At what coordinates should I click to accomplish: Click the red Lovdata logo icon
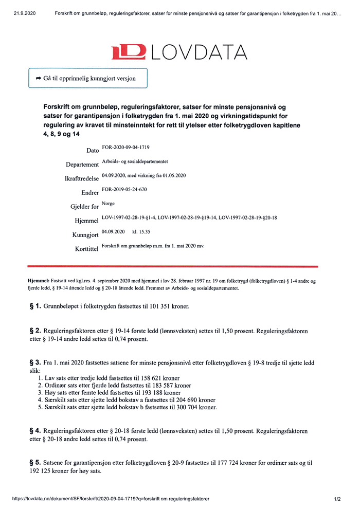pyautogui.click(x=130, y=51)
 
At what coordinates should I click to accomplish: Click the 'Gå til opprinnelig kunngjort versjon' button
pyautogui.click(x=88, y=78)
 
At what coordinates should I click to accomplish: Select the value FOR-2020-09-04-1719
pyautogui.click(x=126, y=148)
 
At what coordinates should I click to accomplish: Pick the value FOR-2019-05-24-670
pyautogui.click(x=124, y=190)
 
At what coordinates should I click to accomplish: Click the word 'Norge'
pyautogui.click(x=109, y=204)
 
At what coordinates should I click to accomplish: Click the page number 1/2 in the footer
pyautogui.click(x=337, y=499)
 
